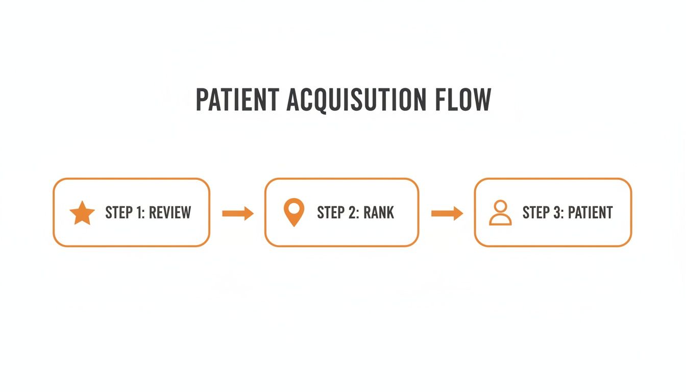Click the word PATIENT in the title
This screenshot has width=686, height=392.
point(237,100)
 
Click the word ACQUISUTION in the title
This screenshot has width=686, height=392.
point(356,100)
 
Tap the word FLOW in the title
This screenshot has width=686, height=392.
point(463,100)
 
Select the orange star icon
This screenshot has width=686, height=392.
point(82,213)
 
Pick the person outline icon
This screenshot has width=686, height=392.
point(500,213)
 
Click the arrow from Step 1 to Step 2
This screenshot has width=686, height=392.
point(238,213)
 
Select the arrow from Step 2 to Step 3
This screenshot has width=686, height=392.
point(447,213)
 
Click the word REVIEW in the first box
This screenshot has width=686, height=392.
point(169,212)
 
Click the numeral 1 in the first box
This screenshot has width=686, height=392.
point(139,212)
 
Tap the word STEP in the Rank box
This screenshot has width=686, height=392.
point(330,212)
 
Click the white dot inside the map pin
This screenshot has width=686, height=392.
point(293,208)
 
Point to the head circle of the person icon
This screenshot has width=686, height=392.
point(500,206)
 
